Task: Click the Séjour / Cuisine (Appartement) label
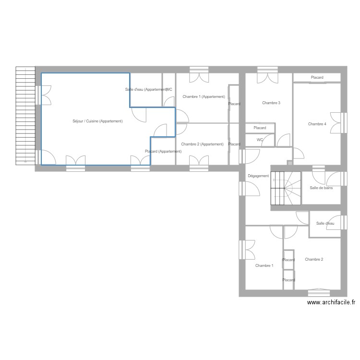[97, 121]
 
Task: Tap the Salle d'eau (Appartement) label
[145, 90]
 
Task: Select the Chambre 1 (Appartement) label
[204, 97]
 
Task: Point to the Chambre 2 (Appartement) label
[202, 144]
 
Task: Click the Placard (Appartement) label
[163, 152]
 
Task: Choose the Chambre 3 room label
[271, 103]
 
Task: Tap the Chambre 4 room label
[317, 124]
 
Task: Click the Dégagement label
[258, 176]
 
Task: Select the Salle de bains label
[321, 188]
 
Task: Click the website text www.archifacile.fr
[332, 302]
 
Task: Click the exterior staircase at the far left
[25, 115]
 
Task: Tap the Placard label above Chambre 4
[317, 77]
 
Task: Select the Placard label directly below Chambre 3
[260, 128]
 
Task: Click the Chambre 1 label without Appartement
[264, 265]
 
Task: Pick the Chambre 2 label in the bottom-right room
[314, 259]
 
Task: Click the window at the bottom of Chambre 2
[319, 291]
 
